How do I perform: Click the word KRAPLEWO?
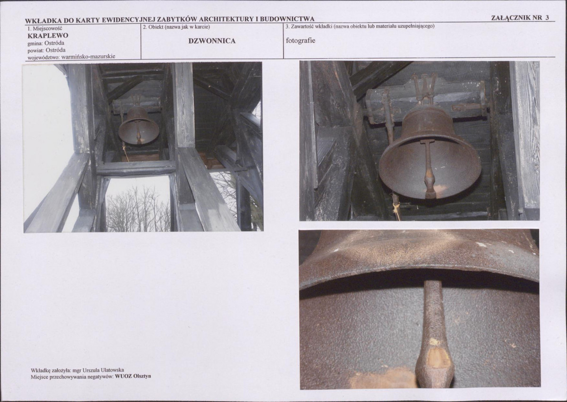(48, 36)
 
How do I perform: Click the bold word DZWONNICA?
(212, 41)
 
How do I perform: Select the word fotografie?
(300, 41)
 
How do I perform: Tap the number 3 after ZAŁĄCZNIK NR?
(547, 17)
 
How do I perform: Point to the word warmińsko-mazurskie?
(88, 56)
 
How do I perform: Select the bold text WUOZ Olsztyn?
(133, 376)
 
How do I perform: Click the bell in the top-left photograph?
(139, 125)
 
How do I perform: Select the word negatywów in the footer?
(100, 376)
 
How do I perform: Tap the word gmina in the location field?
(35, 43)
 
